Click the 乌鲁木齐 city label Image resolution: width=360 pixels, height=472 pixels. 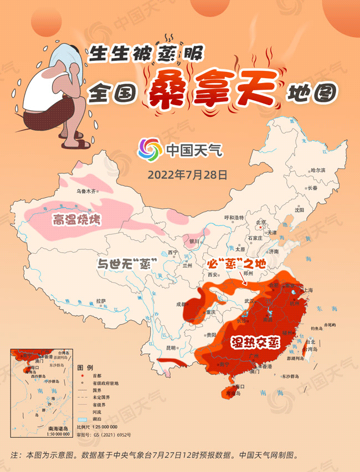[86, 192]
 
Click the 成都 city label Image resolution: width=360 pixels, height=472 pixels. [182, 304]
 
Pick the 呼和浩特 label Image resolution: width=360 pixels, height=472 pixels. [233, 218]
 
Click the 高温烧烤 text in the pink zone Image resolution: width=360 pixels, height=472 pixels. [76, 220]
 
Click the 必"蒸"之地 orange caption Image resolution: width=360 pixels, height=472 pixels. [232, 261]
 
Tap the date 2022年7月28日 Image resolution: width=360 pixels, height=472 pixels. [187, 175]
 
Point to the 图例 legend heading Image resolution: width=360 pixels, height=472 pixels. [85, 368]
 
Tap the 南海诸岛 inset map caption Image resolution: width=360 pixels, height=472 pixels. [58, 429]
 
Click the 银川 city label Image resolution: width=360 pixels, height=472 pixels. [194, 242]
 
